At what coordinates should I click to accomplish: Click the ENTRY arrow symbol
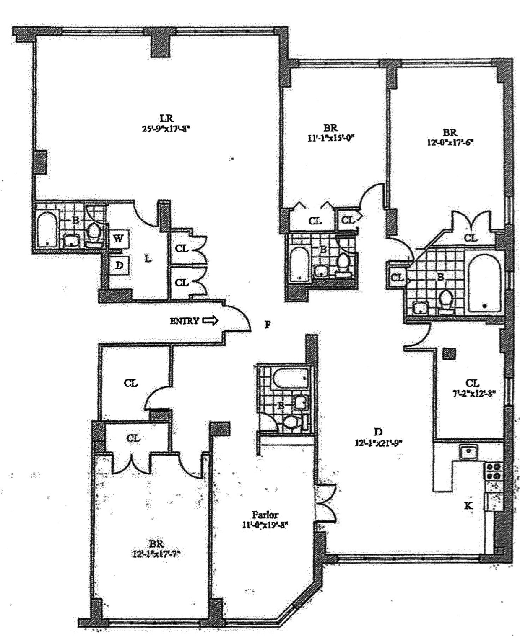point(211,321)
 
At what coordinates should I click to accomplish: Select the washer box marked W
point(119,239)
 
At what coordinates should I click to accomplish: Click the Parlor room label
point(265,515)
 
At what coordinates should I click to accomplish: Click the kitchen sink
point(467,452)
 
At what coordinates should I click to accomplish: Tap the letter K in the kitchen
point(468,505)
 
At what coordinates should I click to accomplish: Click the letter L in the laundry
point(148,259)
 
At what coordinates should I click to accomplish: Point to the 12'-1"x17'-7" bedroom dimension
point(156,554)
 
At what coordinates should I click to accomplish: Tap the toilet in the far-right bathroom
point(446,299)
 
